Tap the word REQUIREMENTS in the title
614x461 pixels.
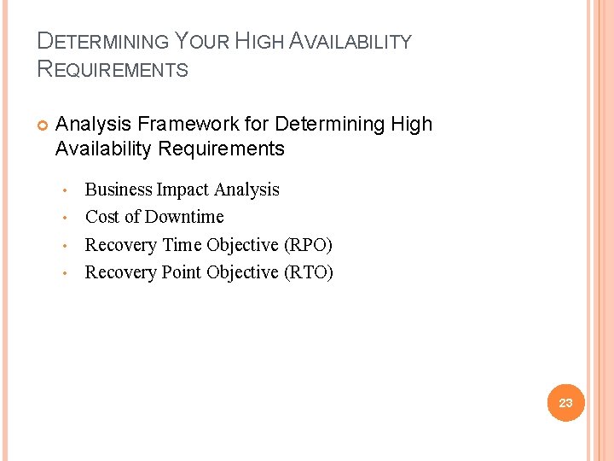113,69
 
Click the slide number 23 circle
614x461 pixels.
565,403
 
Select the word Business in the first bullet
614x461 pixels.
119,190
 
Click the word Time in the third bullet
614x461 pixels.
182,245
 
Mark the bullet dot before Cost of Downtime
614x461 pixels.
64,218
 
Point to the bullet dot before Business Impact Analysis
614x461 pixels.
64,190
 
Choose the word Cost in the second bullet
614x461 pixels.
102,217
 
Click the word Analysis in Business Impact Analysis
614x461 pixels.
246,190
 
